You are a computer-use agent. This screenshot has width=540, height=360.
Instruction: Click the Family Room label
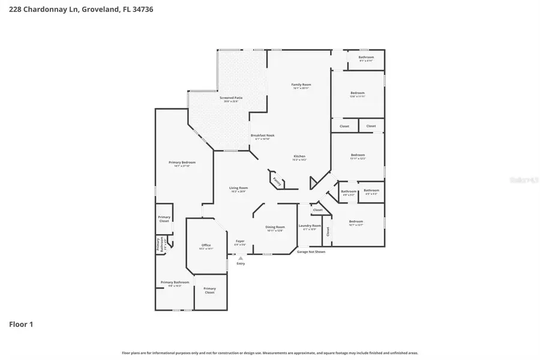(301, 85)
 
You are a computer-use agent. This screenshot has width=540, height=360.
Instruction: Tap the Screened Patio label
(231, 98)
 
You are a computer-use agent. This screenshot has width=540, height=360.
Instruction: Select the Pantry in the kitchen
(277, 180)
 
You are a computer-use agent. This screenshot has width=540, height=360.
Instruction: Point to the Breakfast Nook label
(263, 136)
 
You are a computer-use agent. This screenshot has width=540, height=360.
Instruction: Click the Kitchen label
(299, 157)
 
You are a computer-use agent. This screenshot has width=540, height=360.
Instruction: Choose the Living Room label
(238, 188)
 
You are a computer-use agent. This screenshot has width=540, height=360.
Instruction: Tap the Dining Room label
(275, 227)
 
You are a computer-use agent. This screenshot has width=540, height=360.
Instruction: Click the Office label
(206, 245)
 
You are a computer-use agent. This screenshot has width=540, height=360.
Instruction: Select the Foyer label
(239, 241)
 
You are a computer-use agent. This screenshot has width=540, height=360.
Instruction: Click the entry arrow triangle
(241, 257)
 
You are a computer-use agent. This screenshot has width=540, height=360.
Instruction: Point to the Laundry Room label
(310, 226)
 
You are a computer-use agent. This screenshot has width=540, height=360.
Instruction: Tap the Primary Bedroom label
(182, 163)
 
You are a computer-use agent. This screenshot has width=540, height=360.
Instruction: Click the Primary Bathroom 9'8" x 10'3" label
(175, 283)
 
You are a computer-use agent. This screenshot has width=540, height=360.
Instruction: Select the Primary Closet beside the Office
(209, 290)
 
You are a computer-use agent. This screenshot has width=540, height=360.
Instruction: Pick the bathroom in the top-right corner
(366, 58)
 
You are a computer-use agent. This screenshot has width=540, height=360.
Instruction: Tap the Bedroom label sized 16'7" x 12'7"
(356, 222)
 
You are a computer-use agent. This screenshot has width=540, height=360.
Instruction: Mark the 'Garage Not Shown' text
(311, 252)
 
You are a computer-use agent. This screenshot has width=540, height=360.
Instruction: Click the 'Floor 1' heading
(21, 325)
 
